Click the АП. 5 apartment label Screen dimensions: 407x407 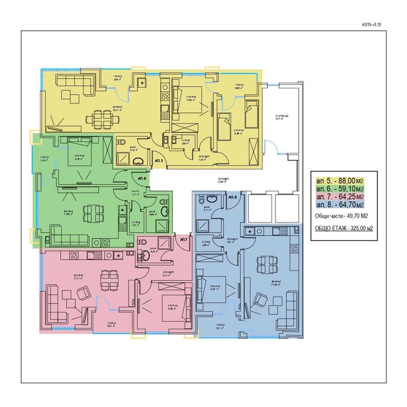point(159,158)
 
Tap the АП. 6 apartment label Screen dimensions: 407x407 point(141,178)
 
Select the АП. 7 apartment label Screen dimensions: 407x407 point(184,240)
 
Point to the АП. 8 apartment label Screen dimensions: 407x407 point(231,198)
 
